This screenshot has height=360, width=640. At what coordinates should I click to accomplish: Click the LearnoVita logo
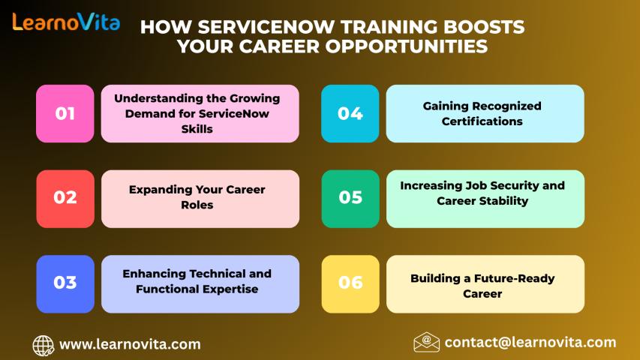66,22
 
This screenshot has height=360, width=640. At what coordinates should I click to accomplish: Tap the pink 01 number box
65,113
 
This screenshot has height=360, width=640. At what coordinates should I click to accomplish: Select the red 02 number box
65,199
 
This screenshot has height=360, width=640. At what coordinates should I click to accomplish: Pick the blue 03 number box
65,284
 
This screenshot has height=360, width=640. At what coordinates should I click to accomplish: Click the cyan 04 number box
350,113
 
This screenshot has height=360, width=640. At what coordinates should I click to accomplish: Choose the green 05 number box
350,199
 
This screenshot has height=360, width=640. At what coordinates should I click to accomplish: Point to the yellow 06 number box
350,284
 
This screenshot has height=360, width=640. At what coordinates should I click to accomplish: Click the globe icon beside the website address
44,346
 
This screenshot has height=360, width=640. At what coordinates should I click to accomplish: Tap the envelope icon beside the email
426,342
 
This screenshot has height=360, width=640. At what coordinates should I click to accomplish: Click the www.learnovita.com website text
131,344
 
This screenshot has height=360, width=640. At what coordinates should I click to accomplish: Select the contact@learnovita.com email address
530,343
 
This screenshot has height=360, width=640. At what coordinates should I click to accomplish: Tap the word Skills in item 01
197,129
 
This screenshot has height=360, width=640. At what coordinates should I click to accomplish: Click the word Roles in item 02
197,205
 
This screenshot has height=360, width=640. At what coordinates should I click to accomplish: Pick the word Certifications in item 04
482,121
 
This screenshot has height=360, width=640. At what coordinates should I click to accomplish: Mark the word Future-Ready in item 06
514,278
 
